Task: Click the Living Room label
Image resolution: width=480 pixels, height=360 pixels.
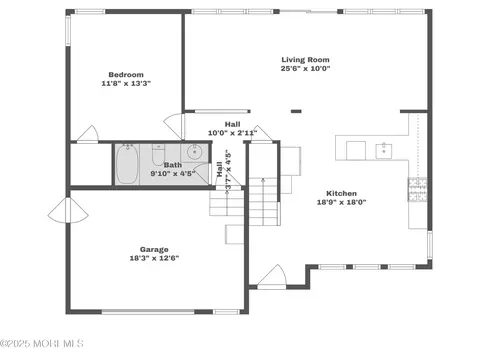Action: (305, 60)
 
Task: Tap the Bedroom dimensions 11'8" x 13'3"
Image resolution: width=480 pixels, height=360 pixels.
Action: (126, 83)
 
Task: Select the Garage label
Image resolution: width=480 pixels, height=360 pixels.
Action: (154, 249)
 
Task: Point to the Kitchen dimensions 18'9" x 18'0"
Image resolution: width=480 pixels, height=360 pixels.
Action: (341, 202)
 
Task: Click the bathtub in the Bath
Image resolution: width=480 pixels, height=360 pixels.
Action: (127, 164)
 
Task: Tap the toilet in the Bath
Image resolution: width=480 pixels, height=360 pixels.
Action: (158, 155)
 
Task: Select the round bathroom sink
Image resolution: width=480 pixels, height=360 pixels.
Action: (194, 152)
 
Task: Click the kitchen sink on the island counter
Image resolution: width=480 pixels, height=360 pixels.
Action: (384, 151)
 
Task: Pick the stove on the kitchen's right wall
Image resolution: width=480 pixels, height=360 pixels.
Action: (417, 189)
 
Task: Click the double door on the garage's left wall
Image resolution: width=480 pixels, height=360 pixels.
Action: (68, 210)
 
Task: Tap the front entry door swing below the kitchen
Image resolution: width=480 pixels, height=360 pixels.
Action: (272, 276)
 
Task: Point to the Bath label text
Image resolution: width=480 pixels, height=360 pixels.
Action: (173, 165)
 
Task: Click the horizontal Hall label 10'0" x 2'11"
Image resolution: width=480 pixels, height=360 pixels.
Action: (232, 129)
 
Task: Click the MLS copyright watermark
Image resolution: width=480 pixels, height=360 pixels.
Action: (42, 343)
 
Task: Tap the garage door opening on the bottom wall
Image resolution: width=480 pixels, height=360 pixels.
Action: (148, 312)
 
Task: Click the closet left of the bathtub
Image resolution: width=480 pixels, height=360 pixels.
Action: (91, 164)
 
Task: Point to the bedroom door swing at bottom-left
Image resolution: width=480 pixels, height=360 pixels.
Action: (87, 133)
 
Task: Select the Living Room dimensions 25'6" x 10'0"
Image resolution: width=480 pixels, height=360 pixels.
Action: (305, 69)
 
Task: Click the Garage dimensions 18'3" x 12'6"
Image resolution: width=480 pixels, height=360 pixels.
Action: (154, 258)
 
